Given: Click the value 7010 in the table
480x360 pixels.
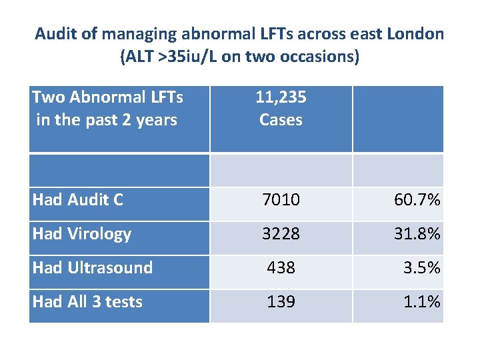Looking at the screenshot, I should [281, 199].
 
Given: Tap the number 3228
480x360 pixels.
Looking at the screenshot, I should [281, 233].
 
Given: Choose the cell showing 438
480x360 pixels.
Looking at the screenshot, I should [281, 268].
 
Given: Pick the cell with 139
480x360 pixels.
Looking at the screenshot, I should [281, 302].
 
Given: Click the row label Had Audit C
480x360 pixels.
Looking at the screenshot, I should [77, 199].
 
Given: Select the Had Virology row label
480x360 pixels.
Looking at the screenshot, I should [81, 233].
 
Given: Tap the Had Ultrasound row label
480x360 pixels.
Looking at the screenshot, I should [92, 268].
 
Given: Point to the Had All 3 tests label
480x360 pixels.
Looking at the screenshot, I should [87, 302].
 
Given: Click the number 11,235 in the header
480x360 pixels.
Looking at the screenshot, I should [281, 98].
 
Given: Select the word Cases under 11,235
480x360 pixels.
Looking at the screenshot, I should [281, 120].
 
